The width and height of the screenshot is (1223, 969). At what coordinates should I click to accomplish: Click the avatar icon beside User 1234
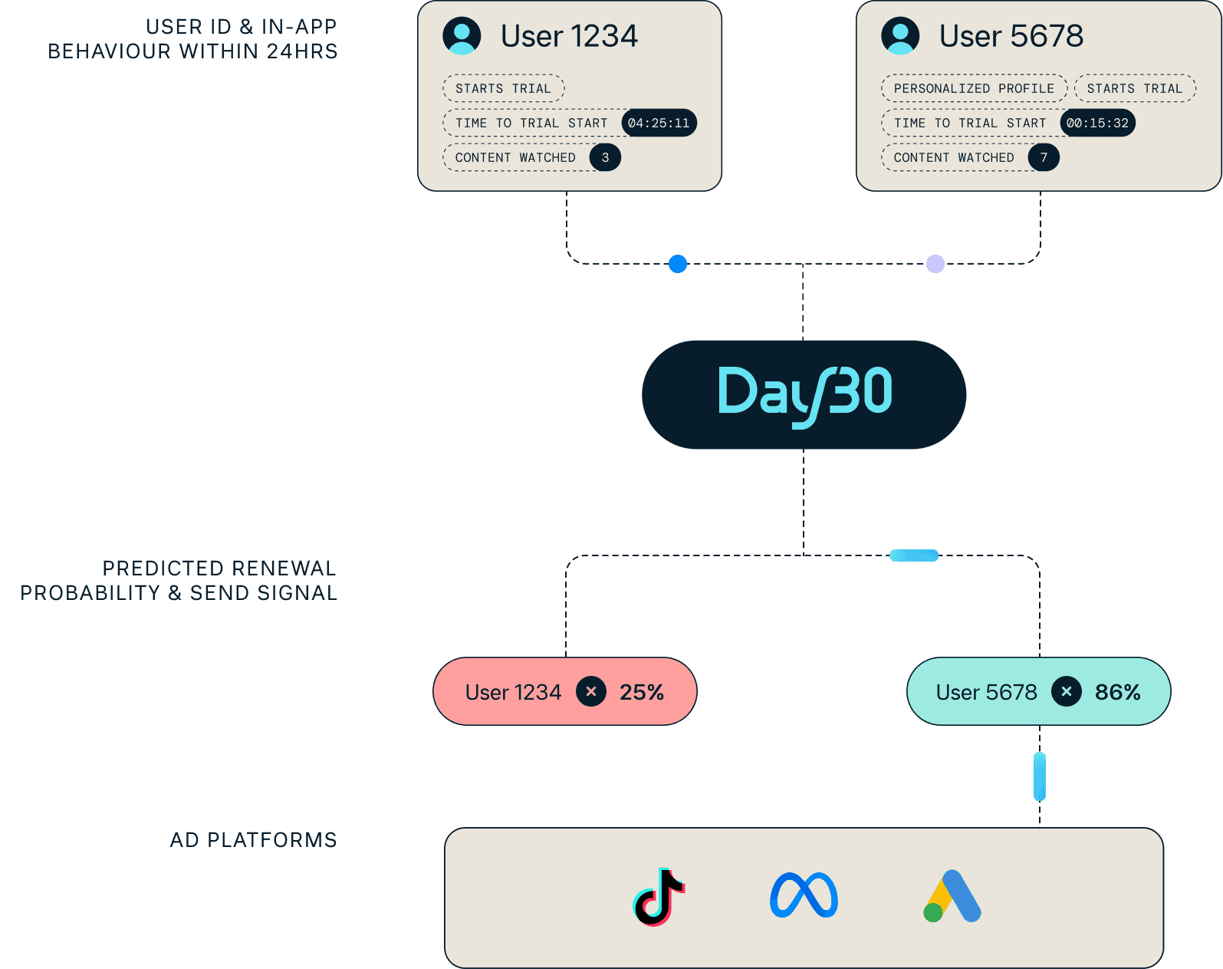click(462, 36)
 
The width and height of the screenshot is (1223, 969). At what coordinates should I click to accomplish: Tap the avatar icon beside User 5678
click(900, 36)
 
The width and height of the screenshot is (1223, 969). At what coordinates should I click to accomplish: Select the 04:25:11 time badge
click(659, 123)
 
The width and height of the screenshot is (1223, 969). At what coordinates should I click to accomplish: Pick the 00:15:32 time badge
click(1097, 123)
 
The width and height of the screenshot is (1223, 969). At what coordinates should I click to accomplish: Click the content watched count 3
click(605, 157)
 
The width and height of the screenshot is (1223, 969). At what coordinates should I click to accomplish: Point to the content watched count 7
click(1044, 157)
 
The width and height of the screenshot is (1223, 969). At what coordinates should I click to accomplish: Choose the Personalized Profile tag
click(974, 88)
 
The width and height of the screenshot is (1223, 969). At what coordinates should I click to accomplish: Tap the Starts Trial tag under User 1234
click(503, 88)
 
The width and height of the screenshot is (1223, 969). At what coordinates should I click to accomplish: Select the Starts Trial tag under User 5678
click(1134, 88)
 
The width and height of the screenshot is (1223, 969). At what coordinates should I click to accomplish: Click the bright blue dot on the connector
click(678, 264)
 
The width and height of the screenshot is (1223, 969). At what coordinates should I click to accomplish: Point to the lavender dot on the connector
click(935, 264)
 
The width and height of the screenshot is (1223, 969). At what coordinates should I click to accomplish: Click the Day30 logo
click(804, 394)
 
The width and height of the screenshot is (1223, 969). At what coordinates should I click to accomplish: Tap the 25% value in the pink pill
click(642, 692)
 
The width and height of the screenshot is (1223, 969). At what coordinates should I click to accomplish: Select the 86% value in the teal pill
click(1117, 692)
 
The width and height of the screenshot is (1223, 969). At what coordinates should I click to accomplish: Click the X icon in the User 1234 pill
click(591, 691)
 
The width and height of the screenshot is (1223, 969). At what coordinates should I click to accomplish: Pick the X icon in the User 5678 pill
click(1066, 691)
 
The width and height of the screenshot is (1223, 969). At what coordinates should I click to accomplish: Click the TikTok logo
click(659, 896)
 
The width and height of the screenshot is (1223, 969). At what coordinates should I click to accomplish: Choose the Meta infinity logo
click(804, 895)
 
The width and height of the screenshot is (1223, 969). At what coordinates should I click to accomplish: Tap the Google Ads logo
click(952, 896)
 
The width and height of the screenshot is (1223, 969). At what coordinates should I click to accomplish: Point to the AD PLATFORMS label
click(253, 839)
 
